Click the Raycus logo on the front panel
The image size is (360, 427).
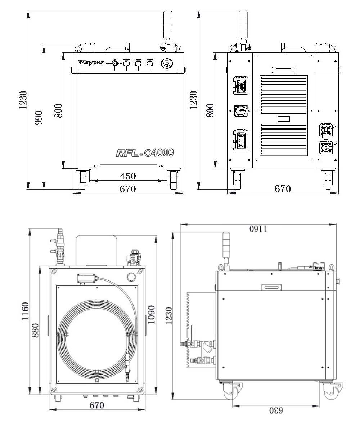[x=91, y=63]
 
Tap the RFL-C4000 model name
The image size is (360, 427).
[x=145, y=153]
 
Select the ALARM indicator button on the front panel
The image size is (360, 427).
[x=150, y=64]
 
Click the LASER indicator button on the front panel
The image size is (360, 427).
[x=138, y=64]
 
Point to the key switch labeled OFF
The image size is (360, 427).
[x=115, y=63]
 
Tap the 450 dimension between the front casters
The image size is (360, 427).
[x=128, y=176]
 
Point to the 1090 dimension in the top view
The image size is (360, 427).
[x=151, y=314]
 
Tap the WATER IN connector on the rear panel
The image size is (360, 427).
[x=326, y=130]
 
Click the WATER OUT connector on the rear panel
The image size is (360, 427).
[x=326, y=148]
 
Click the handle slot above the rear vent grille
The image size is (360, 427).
[x=284, y=69]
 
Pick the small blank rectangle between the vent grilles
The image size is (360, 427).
[x=284, y=118]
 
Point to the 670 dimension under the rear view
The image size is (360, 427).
[x=283, y=188]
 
